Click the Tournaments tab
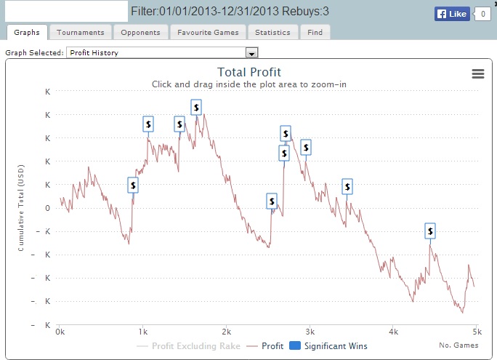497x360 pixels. (x=81, y=32)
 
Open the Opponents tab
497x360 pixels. (x=140, y=32)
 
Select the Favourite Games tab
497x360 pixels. (x=208, y=32)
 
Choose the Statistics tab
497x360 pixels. (x=272, y=32)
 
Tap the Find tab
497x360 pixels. (x=315, y=32)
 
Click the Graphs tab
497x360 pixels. (x=27, y=32)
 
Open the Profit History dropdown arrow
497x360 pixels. (x=251, y=52)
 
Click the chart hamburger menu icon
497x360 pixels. (x=478, y=74)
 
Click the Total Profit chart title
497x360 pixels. (x=249, y=72)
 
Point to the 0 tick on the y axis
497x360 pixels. (x=47, y=208)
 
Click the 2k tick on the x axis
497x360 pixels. (x=226, y=332)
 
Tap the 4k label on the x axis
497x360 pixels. (x=393, y=332)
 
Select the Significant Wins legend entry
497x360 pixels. (x=328, y=345)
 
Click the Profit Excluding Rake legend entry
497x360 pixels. (x=188, y=345)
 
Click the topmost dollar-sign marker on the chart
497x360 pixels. (x=196, y=107)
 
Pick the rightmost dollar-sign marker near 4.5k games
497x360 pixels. (x=430, y=231)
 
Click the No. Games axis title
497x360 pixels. (x=458, y=345)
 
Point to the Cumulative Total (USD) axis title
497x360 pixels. (x=21, y=208)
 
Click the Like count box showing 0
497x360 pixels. (x=482, y=14)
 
